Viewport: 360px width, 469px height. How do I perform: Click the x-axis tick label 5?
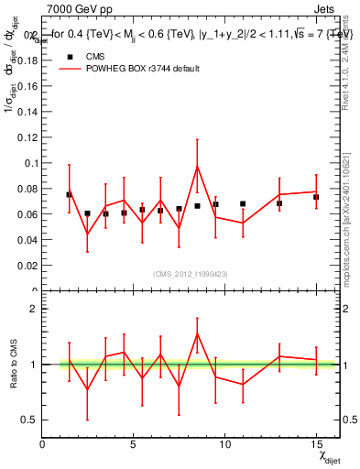(x=133, y=444)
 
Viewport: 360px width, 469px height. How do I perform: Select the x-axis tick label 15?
(x=316, y=444)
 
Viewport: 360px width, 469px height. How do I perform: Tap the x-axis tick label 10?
(x=224, y=444)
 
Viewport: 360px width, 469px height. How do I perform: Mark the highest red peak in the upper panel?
(x=197, y=166)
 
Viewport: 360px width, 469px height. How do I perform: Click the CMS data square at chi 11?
(x=243, y=203)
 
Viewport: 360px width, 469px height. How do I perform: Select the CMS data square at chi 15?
(x=316, y=197)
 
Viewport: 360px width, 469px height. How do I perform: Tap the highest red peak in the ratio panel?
(x=197, y=333)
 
